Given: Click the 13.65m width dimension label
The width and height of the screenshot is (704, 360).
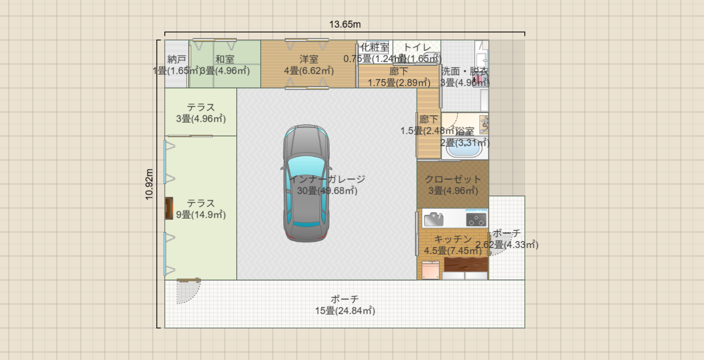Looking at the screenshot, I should [x=345, y=24].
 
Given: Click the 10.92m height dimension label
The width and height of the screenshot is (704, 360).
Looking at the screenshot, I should [x=150, y=184].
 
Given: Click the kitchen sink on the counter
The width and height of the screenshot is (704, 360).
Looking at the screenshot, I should [x=433, y=219].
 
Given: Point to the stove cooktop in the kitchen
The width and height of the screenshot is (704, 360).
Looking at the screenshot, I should [x=476, y=219].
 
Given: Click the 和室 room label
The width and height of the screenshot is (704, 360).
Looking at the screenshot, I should [x=225, y=59].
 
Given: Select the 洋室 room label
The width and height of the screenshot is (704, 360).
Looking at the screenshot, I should [x=309, y=59].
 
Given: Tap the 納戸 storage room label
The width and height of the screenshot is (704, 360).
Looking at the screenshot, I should [x=177, y=59].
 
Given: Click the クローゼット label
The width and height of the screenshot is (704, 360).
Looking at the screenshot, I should [x=453, y=179].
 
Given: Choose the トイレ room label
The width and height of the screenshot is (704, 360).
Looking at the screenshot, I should [x=417, y=47].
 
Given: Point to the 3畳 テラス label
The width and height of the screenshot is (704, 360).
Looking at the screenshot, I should [x=201, y=108].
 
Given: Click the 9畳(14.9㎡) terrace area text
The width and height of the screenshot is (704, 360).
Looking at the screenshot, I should [x=201, y=215].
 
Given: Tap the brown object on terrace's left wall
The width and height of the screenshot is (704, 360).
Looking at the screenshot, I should [x=169, y=208].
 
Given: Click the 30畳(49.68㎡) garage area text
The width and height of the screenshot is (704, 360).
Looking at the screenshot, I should [x=326, y=191].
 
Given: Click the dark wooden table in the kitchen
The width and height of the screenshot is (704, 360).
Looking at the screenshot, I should [x=466, y=264].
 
